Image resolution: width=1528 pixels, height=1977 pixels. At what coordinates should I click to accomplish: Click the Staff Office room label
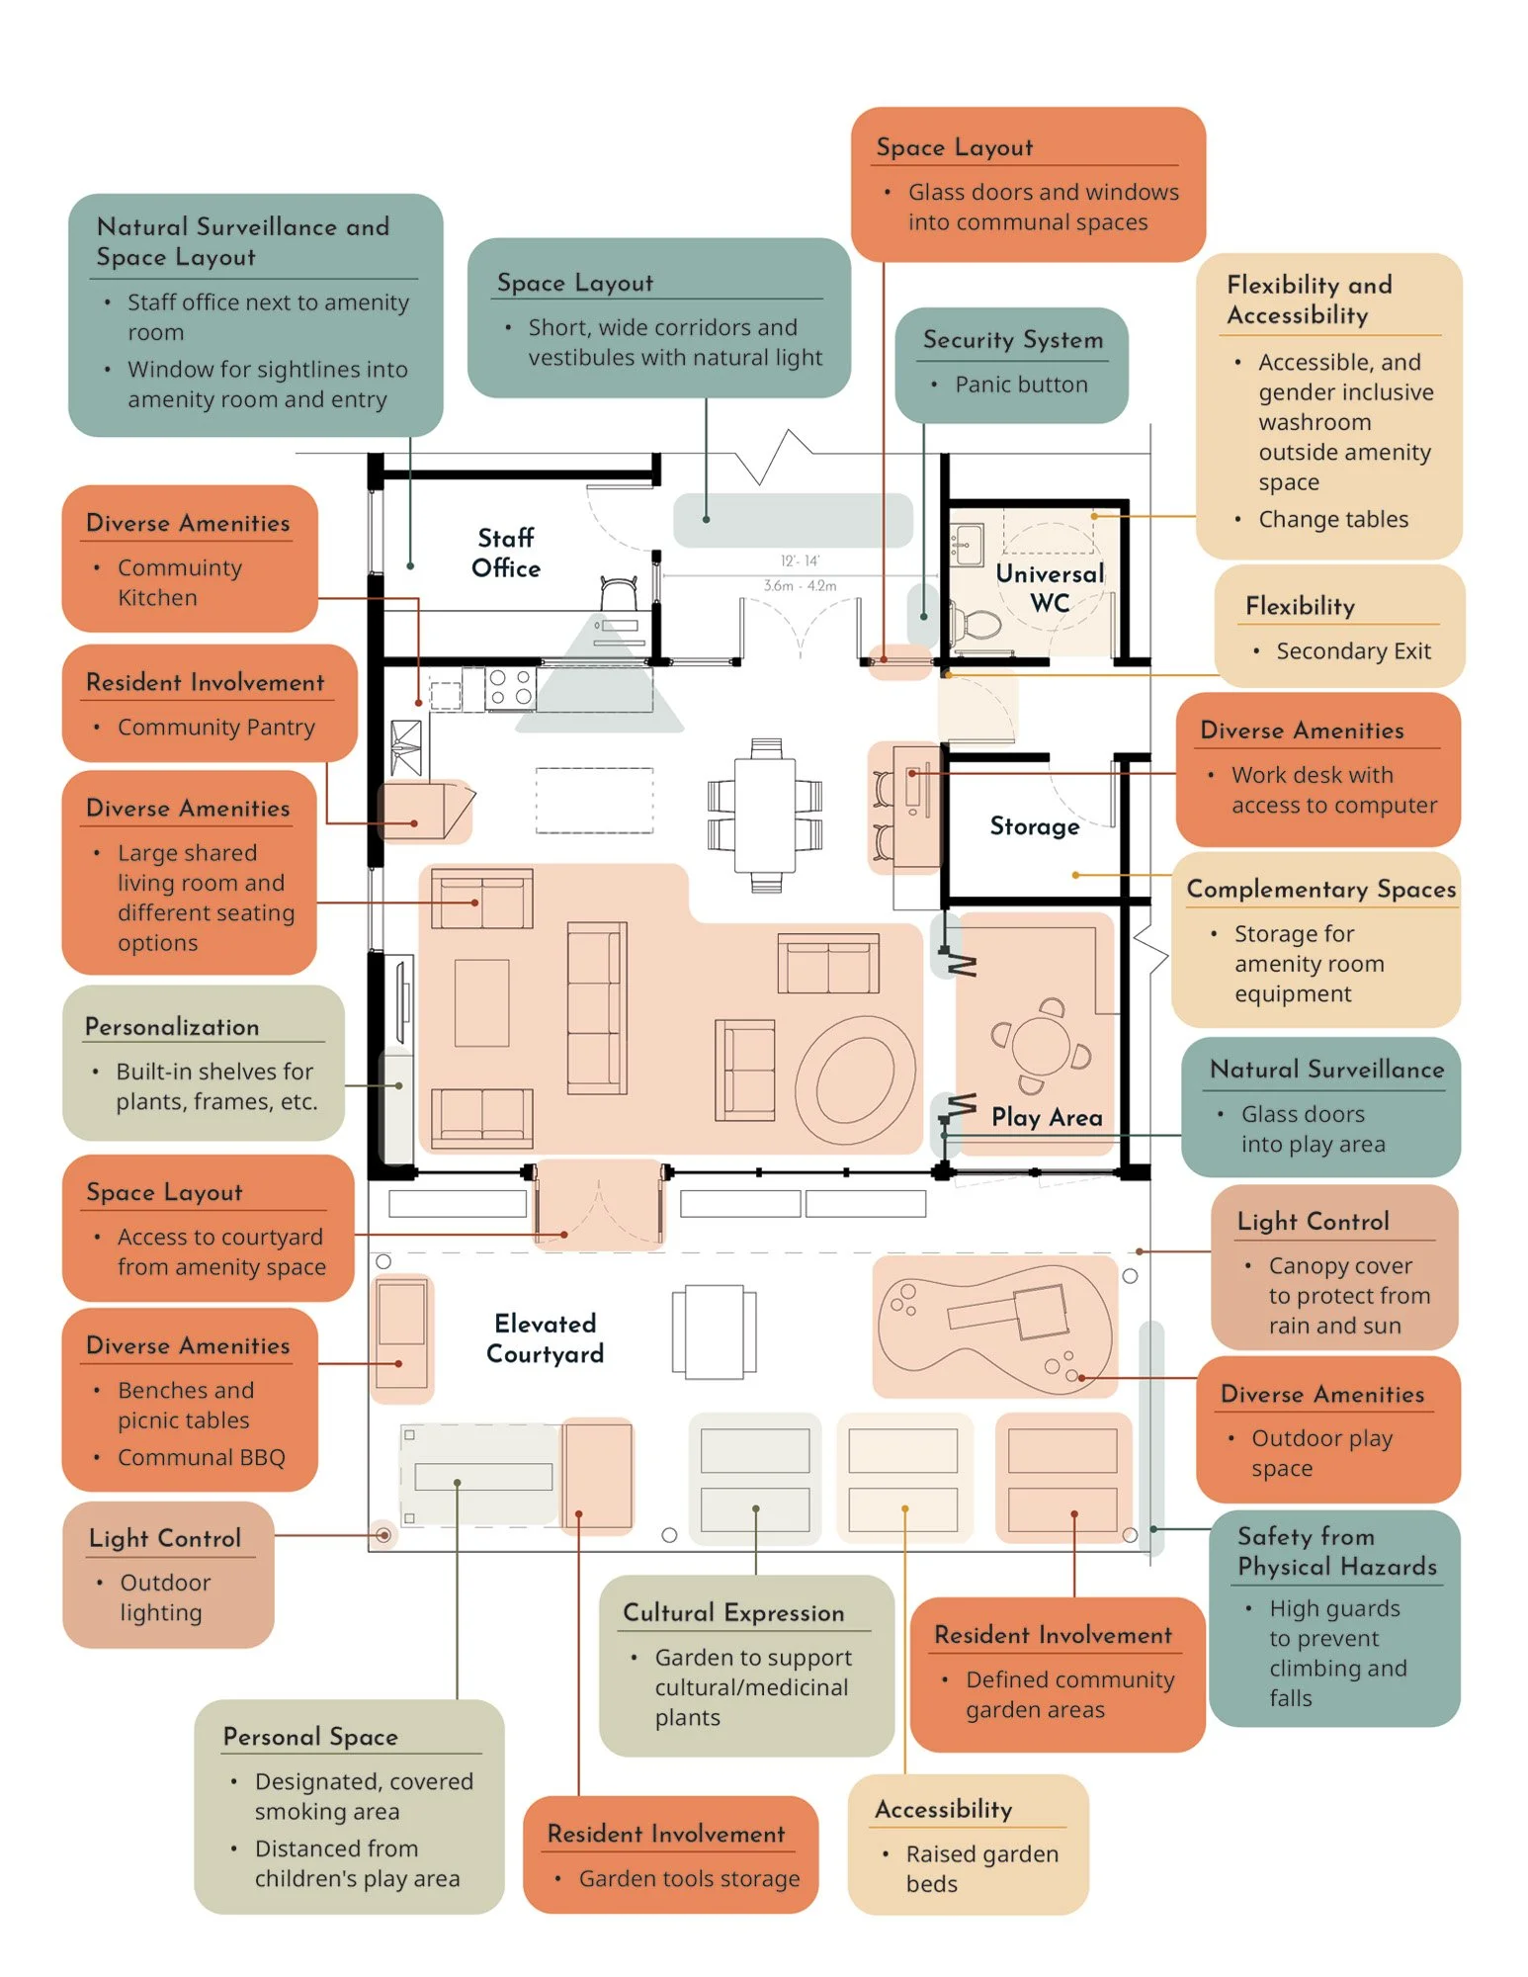coord(505,553)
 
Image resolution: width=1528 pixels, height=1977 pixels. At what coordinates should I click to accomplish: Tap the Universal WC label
coord(1049,588)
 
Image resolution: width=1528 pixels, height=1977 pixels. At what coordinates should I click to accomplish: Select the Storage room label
coord(1034,825)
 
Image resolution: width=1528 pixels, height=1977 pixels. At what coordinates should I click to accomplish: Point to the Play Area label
coord(1047,1117)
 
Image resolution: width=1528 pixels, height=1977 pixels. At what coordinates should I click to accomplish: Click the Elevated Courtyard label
coord(545,1338)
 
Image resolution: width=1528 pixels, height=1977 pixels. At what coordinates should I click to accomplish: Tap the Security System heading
coord(1012,339)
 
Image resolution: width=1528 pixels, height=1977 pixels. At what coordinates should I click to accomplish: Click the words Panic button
coord(1020,385)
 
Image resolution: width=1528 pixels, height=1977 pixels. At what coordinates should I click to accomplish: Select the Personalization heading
coord(172,1026)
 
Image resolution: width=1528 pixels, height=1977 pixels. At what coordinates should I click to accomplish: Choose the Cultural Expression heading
coord(733,1612)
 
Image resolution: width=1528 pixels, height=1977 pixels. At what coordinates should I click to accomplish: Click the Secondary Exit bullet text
coord(1352,650)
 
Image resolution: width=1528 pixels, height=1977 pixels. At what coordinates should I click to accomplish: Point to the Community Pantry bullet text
coord(215,727)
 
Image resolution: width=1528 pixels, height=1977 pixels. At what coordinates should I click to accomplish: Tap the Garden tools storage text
coord(689,1878)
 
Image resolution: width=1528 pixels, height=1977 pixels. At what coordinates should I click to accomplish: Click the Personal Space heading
coord(310,1736)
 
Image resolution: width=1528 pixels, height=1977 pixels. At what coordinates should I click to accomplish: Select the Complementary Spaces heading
coord(1320,889)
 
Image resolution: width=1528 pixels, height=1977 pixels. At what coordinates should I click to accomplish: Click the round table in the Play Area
coord(1041,1045)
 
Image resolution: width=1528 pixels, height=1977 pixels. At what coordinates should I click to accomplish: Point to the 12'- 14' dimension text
coord(800,560)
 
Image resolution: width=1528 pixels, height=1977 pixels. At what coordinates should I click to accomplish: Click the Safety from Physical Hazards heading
coord(1336,1551)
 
